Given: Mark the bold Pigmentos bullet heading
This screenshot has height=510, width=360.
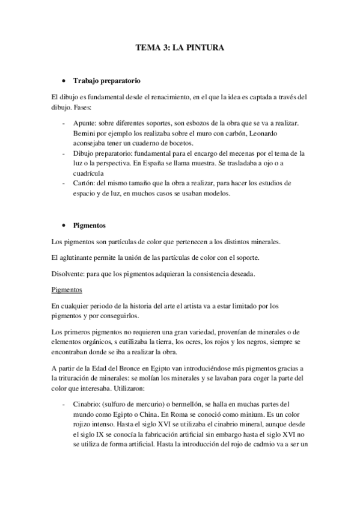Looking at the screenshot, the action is coord(89,226).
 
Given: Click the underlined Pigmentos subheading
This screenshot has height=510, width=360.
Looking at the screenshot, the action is coord(67,289).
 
